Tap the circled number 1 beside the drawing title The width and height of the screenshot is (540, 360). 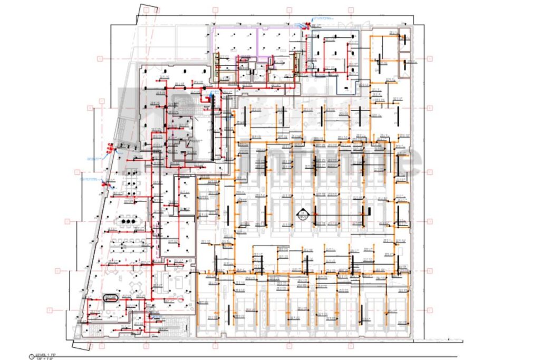coord(31,356)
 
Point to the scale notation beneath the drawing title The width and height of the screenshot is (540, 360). coord(42,359)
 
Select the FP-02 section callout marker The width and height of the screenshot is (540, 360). coord(302,215)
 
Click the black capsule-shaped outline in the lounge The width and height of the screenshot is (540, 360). coord(111,298)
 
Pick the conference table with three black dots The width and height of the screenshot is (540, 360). coord(127,221)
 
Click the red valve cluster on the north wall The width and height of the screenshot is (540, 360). coord(304,24)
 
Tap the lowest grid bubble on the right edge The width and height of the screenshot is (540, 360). coord(430,311)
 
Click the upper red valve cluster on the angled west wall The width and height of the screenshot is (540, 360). coord(109,151)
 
